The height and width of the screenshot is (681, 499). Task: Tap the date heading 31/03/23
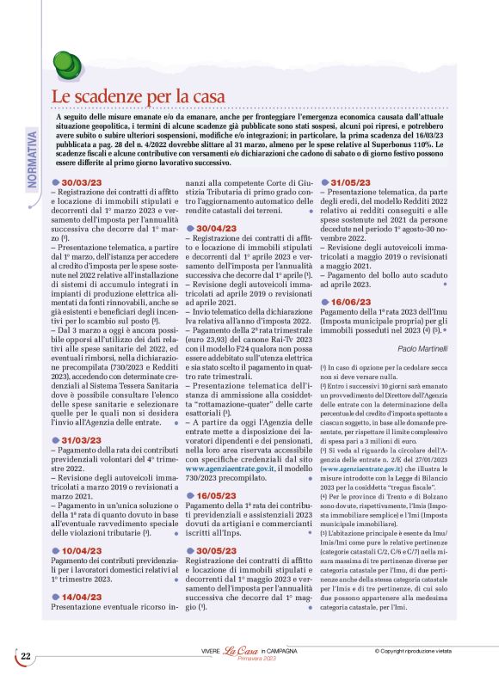(x=85, y=439)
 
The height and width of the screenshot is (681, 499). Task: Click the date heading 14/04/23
(x=85, y=596)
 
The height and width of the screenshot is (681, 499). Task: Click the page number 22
(x=26, y=656)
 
